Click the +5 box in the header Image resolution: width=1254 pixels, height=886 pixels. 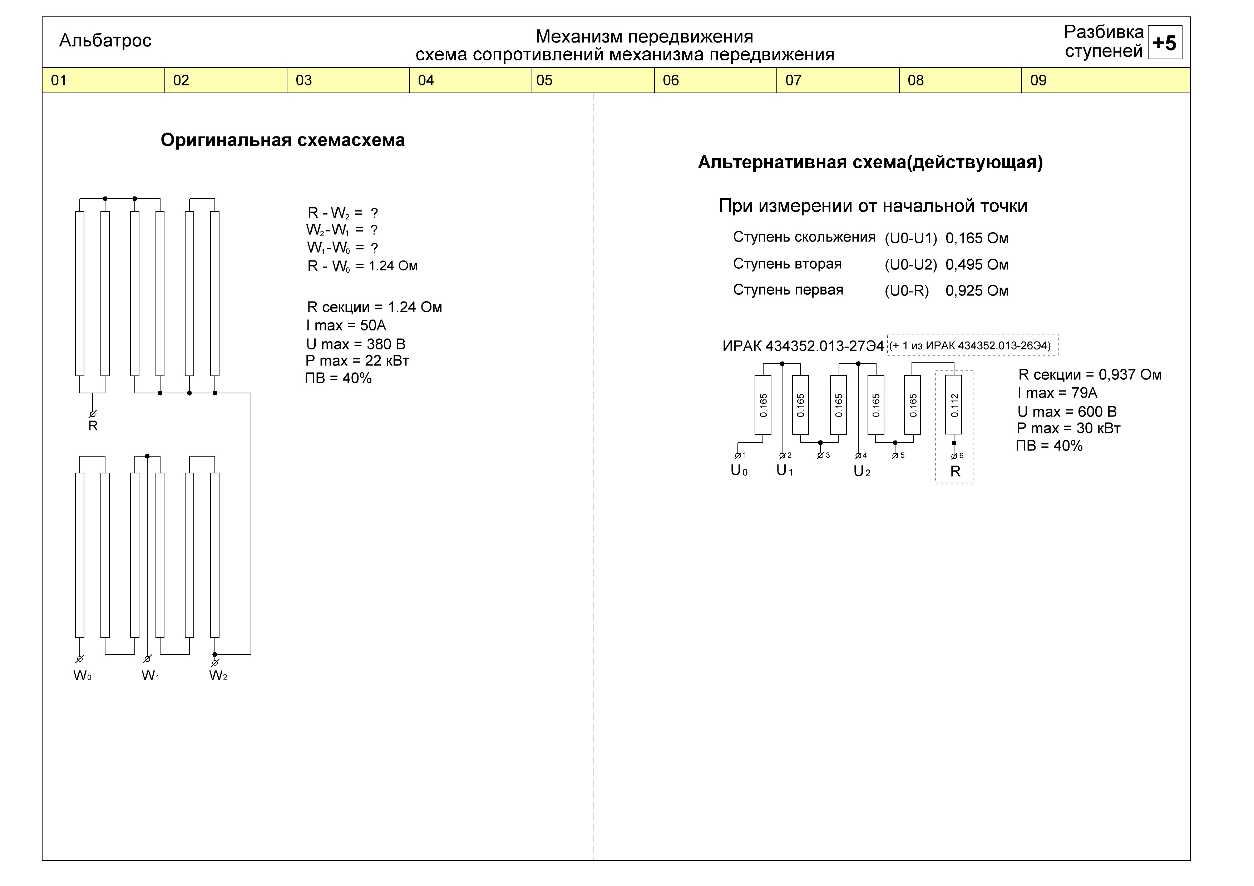[x=1165, y=42]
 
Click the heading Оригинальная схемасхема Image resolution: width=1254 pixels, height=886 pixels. [x=282, y=140]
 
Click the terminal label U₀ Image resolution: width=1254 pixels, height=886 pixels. [x=739, y=471]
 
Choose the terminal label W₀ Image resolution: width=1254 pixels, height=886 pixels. [x=83, y=676]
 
